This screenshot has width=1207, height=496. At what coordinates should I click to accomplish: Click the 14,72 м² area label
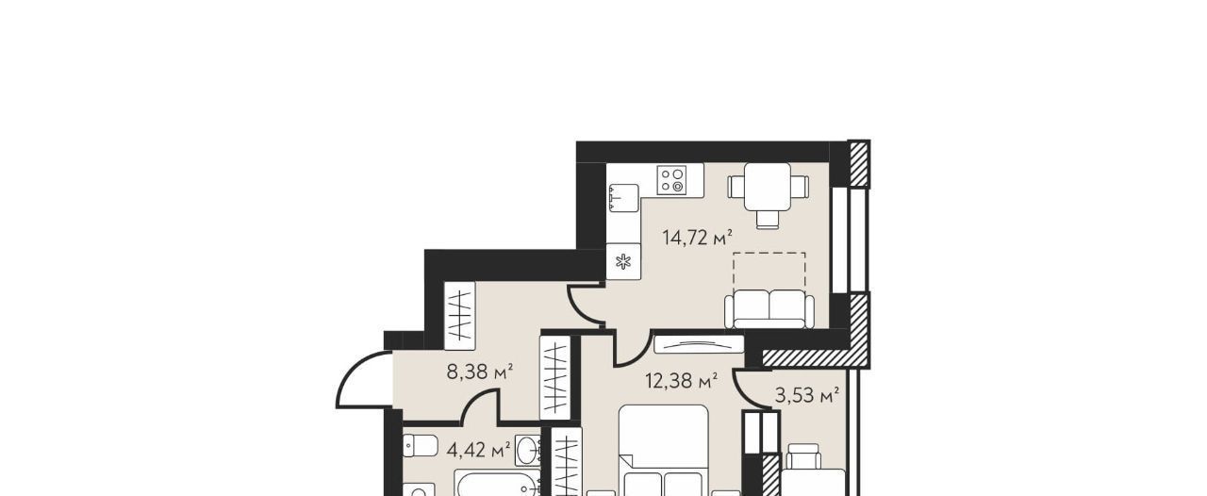click(x=697, y=238)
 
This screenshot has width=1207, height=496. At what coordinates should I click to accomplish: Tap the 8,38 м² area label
click(x=480, y=372)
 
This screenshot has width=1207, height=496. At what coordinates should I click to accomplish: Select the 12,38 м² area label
click(x=681, y=381)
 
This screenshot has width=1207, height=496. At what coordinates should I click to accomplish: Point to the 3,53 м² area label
click(x=806, y=396)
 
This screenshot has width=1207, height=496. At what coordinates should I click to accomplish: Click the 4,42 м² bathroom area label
click(x=478, y=449)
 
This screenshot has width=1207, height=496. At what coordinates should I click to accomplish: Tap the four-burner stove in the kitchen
click(x=671, y=180)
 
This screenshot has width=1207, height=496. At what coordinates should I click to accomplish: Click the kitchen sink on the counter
click(x=624, y=197)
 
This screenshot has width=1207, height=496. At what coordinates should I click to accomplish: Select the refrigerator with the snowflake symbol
click(x=623, y=261)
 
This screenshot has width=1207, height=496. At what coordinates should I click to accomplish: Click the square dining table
click(x=768, y=187)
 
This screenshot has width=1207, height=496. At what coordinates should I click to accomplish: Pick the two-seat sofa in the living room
click(x=769, y=309)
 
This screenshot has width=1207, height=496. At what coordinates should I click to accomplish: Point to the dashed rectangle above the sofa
click(x=769, y=271)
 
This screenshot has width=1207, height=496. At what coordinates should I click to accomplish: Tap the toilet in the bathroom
click(x=421, y=445)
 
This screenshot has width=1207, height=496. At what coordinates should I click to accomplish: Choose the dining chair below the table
click(x=768, y=220)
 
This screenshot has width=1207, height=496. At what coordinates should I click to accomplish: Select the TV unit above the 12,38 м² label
click(x=699, y=344)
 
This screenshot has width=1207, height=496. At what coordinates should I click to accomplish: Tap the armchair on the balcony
click(x=803, y=456)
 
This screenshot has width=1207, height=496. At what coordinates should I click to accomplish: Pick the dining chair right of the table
click(x=800, y=187)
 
